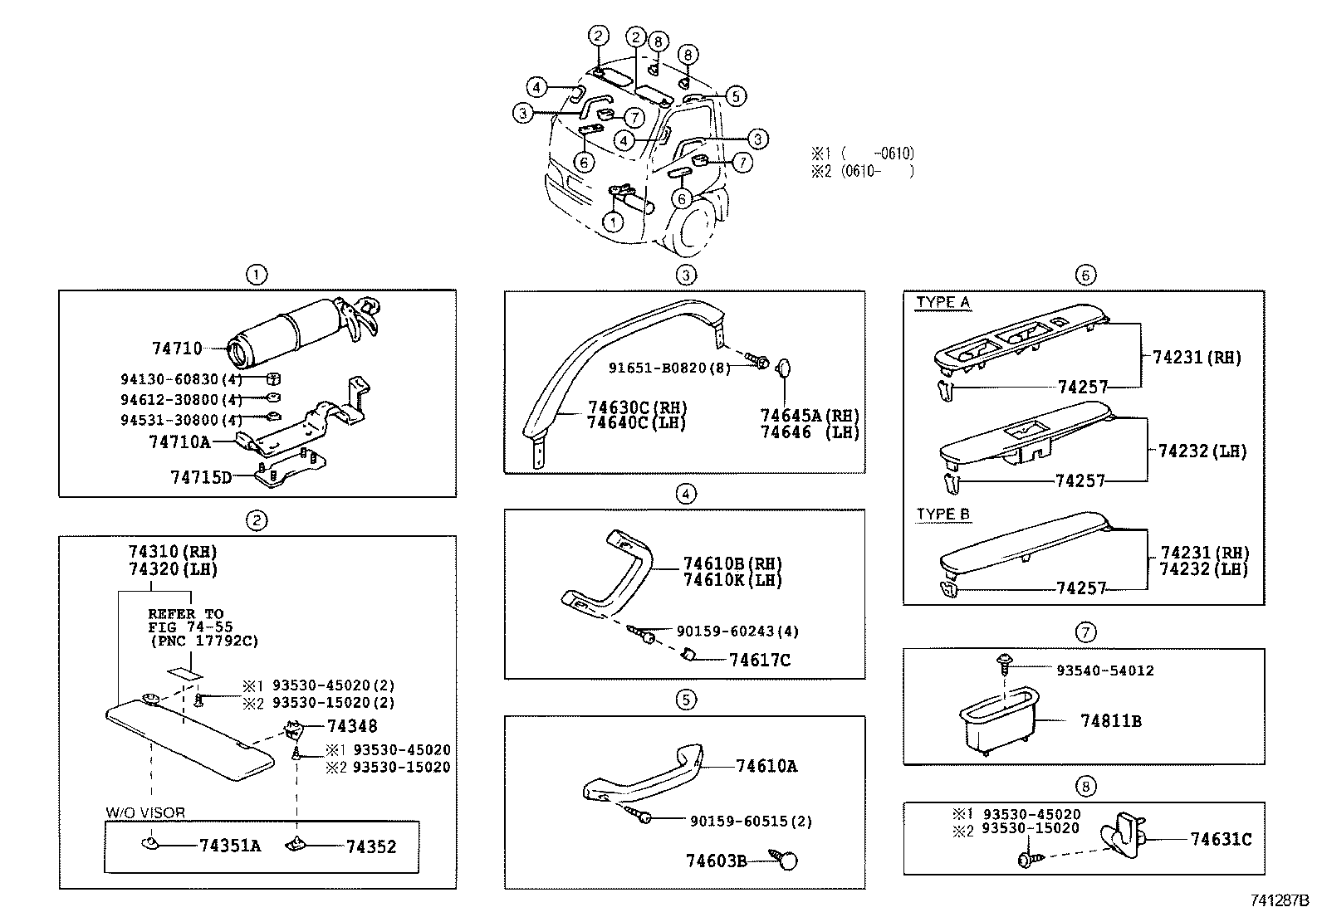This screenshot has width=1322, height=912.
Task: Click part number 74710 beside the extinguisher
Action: pos(177,349)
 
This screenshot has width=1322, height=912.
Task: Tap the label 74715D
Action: pos(201,477)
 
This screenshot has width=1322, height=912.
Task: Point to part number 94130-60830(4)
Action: pos(181,379)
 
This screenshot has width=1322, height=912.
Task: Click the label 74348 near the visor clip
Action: pos(352,726)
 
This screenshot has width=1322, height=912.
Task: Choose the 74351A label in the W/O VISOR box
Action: pos(230,846)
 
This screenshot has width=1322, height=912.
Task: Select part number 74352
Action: pos(371,846)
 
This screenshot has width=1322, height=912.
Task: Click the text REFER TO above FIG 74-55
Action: pos(186,614)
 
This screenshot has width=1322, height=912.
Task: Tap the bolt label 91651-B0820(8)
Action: pos(669,368)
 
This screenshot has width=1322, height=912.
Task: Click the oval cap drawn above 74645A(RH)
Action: pos(785,368)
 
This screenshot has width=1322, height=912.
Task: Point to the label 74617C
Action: pos(760,660)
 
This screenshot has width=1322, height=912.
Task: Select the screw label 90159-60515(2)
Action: pos(751,821)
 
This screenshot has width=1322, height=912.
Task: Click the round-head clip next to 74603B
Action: pos(786,860)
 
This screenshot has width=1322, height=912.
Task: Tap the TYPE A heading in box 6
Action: pos(943,302)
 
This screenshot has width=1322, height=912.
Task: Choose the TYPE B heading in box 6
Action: pos(943,515)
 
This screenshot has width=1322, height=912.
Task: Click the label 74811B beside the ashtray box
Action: pos(1110,721)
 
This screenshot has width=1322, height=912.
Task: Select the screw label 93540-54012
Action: pos(1104,671)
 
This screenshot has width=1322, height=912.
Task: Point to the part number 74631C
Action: pos(1221,839)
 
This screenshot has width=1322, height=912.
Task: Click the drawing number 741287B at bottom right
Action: pos(1278,900)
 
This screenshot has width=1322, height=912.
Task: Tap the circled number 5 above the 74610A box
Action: pos(685,700)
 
